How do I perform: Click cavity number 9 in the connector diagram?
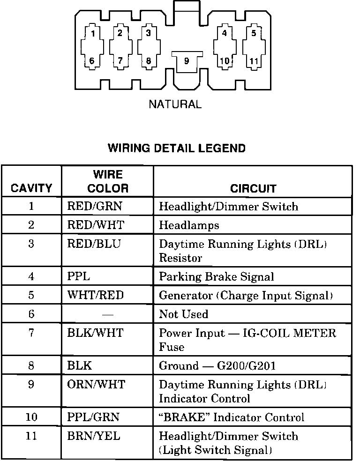[186, 61]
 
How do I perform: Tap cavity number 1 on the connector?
[93, 33]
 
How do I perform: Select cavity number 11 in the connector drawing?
[254, 61]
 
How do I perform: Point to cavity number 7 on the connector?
[120, 61]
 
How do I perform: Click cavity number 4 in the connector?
[225, 33]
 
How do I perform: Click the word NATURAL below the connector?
[175, 104]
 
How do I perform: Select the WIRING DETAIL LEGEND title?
[177, 149]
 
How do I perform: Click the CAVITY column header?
[31, 188]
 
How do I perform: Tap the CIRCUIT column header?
[253, 188]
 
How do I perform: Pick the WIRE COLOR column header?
[108, 182]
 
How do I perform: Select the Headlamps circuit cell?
[189, 225]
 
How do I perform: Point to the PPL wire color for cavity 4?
[78, 276]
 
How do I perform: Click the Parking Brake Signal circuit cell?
[216, 276]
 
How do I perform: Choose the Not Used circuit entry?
[183, 314]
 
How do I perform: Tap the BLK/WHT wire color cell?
[95, 333]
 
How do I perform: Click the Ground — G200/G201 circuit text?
[217, 366]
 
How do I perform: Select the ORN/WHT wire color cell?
[96, 385]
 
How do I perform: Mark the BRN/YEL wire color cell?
[94, 436]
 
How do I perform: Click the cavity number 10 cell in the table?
[31, 417]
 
